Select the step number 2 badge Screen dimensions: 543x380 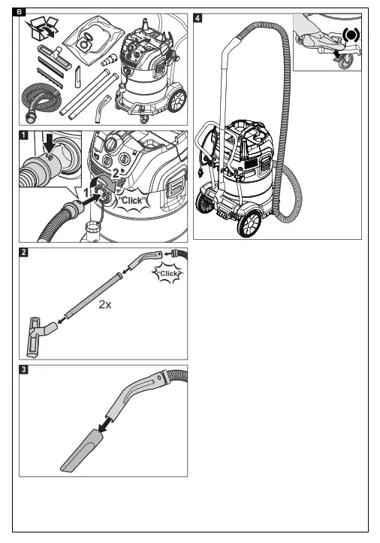click(x=25, y=251)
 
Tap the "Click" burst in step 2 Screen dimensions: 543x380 click(x=166, y=274)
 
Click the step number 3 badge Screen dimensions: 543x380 click(x=25, y=369)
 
